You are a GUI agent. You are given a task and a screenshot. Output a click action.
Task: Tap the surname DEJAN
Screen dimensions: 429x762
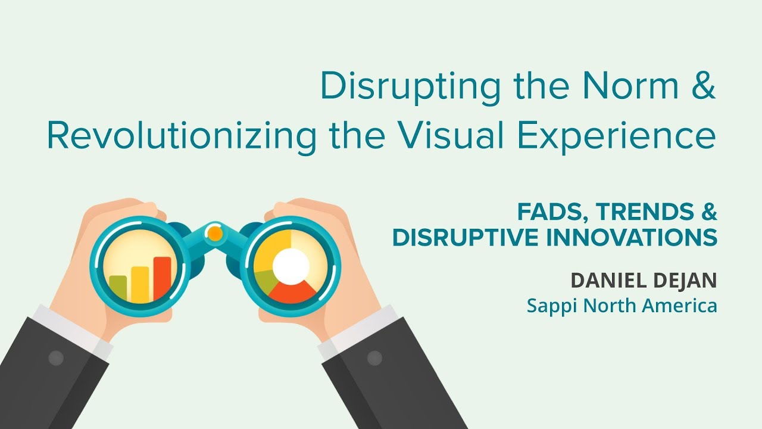click(x=685, y=281)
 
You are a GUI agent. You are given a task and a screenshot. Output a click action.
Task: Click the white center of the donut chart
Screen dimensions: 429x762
click(x=290, y=266)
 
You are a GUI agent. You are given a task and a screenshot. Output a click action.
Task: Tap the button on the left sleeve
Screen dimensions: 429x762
click(x=55, y=358)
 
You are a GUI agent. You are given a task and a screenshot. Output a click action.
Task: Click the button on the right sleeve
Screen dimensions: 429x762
click(x=374, y=358)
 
